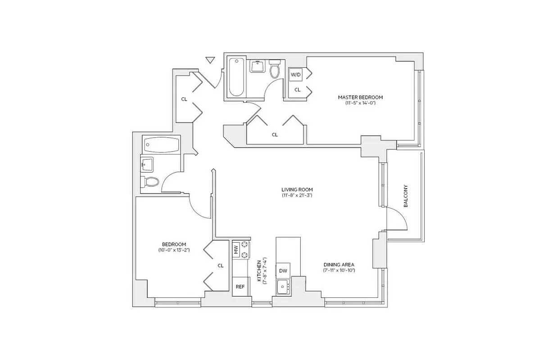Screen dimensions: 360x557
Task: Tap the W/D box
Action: (295, 75)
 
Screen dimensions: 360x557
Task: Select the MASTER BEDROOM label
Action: (360, 97)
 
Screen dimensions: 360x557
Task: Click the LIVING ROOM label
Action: (297, 189)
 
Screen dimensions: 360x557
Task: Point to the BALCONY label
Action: (406, 196)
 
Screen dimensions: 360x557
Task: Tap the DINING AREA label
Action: (339, 265)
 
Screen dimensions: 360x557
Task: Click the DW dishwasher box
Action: (283, 270)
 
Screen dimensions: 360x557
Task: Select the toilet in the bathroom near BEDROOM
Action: (151, 182)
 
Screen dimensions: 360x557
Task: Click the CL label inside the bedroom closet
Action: (221, 265)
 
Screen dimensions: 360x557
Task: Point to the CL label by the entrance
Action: (184, 99)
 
